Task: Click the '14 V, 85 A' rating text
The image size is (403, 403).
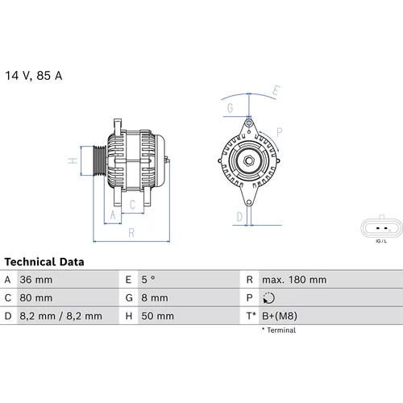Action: tap(34, 76)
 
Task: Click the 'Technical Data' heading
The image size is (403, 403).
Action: tap(44, 262)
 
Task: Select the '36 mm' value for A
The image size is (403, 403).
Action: tap(36, 280)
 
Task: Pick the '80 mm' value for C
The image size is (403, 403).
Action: tap(36, 297)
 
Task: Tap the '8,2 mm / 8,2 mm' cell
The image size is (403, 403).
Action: tap(60, 316)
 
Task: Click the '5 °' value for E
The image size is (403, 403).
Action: tap(148, 280)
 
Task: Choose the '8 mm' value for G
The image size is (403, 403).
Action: tap(155, 297)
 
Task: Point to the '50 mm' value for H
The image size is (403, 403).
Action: tap(158, 316)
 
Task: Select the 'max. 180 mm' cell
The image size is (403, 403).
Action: tap(294, 280)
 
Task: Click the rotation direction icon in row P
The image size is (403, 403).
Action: tap(268, 298)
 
